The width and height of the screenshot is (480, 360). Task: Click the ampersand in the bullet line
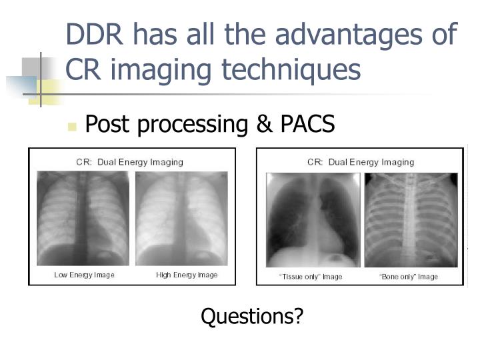pos(247,124)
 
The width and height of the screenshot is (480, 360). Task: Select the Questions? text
pos(252,316)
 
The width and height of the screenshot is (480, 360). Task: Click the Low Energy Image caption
pos(84,275)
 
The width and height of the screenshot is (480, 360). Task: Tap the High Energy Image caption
pos(187,275)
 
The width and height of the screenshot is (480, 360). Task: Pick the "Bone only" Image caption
pos(409,277)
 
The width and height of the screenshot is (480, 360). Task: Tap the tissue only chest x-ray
pos(313,220)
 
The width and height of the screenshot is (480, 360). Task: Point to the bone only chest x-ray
pos(411,220)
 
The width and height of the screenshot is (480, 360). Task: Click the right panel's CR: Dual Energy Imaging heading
pos(361,162)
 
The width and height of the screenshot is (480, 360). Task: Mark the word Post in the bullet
pos(107,124)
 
